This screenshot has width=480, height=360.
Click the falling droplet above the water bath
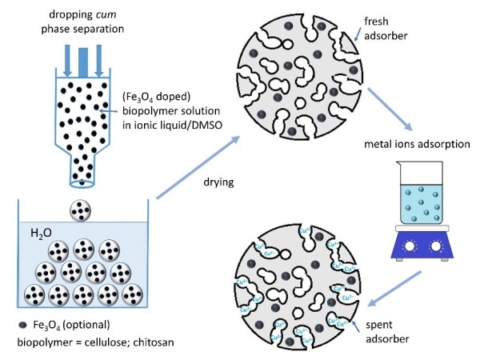[81, 211]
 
